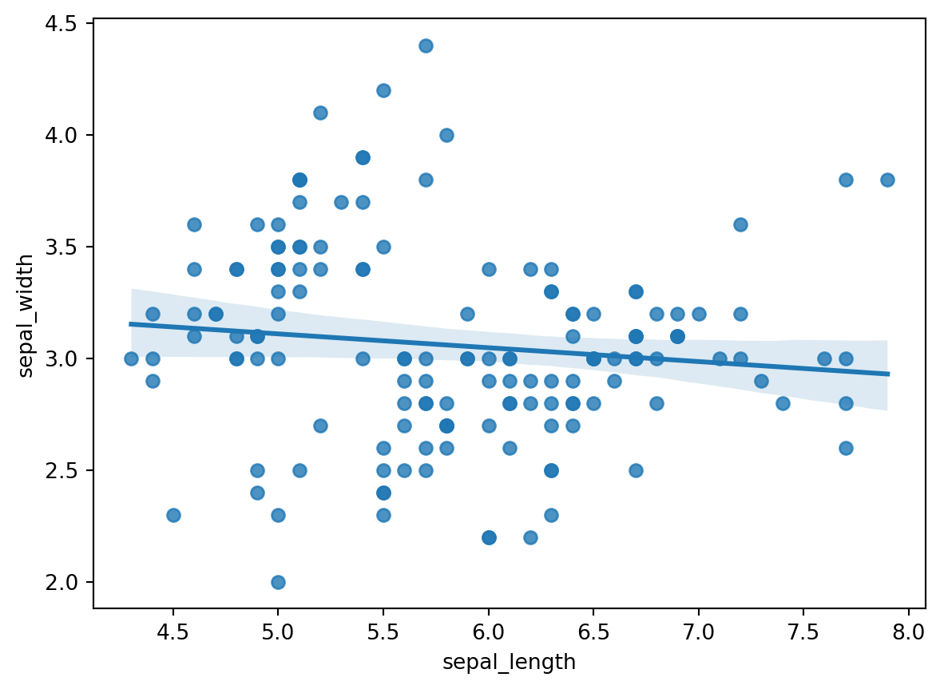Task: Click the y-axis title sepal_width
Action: coord(26,315)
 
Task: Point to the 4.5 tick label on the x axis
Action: coord(173,633)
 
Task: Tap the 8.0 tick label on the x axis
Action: coord(908,633)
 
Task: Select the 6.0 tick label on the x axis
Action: coord(489,633)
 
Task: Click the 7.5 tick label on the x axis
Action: coord(803,633)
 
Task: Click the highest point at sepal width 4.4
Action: coord(426,46)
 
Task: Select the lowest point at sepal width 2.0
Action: coord(278,582)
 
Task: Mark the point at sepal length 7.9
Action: coord(887,180)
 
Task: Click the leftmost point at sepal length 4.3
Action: coord(131,358)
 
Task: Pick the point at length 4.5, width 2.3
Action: coord(173,515)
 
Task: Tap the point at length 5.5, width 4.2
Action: coord(383,90)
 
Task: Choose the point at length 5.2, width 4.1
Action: coord(320,113)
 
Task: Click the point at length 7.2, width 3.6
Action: coord(740,224)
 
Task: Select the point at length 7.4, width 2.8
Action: coord(783,403)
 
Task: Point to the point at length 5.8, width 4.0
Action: coord(446,135)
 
